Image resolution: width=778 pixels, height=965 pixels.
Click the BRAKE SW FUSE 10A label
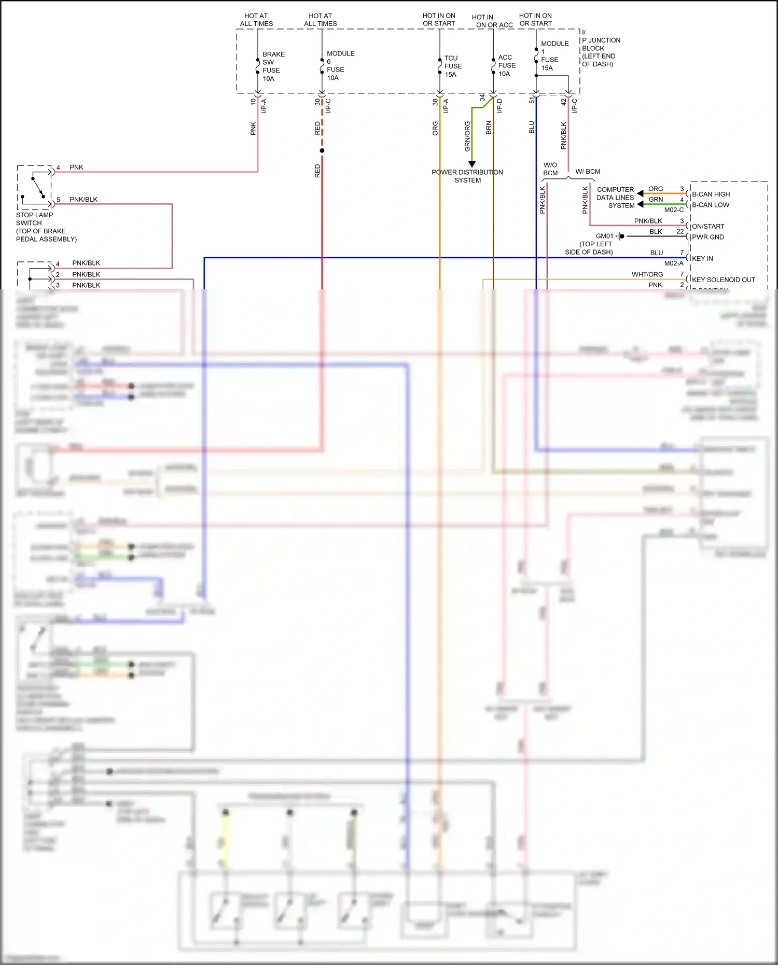pos(273,66)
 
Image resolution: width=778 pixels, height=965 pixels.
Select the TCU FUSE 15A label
pos(452,66)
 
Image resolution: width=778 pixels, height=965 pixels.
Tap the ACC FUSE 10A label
pos(506,65)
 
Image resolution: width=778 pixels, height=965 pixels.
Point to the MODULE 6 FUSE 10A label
pos(340,65)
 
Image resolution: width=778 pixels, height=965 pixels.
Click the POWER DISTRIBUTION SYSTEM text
pos(467,176)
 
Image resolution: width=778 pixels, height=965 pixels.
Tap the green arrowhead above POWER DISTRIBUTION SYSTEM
pos(472,164)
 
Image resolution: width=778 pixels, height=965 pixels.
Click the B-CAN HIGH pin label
pos(711,194)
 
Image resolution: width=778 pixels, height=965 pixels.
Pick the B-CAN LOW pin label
pos(710,205)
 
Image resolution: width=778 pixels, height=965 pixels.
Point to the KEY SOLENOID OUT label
pos(723,279)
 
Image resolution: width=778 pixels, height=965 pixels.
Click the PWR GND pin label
pos(707,237)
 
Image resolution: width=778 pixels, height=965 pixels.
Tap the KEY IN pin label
pos(702,258)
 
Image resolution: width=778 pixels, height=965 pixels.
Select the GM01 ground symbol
pos(620,236)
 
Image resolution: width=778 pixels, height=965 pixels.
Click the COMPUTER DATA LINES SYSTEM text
pos(615,198)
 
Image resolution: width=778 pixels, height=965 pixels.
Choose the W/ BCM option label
pos(588,172)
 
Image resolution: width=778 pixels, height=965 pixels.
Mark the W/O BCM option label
pos(550,169)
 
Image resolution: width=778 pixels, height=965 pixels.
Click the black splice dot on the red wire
pos(322,151)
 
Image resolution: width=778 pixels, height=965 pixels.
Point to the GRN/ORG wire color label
pos(467,136)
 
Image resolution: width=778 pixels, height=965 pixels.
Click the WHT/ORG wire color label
pos(647,274)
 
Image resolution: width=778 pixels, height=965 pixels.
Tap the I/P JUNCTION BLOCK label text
pos(600,48)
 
